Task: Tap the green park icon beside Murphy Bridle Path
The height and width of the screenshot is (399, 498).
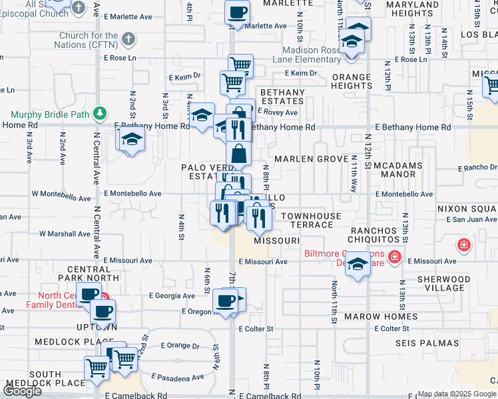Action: tap(100, 113)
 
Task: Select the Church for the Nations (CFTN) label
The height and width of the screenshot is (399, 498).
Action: tap(89, 40)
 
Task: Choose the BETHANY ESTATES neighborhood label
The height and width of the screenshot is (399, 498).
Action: tap(282, 96)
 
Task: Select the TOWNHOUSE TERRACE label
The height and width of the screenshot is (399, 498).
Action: tap(310, 220)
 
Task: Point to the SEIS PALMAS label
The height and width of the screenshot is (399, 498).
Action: tap(427, 343)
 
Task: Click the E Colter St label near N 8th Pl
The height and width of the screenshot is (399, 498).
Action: tap(256, 329)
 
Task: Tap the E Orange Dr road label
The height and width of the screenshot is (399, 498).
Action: tap(180, 345)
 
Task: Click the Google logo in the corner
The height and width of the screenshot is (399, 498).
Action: tap(22, 391)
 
